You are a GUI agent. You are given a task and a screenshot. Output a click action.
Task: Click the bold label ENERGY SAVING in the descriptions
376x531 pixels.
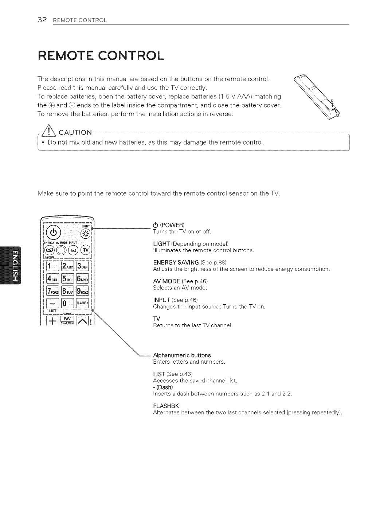(176, 262)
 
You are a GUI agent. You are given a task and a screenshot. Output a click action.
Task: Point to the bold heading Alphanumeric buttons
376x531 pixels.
(182, 355)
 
